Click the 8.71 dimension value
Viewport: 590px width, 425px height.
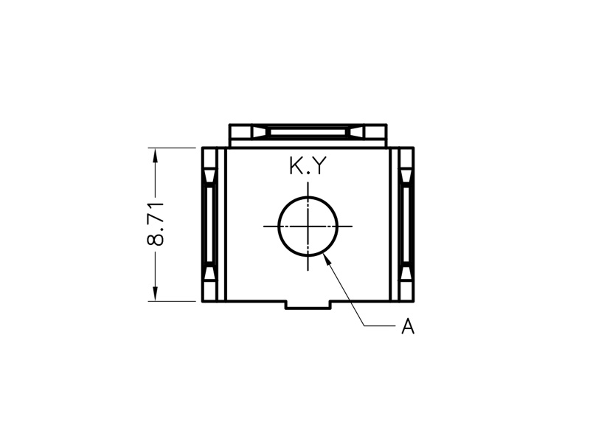[155, 224]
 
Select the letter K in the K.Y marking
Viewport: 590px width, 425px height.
[296, 165]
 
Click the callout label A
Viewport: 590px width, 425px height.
[408, 326]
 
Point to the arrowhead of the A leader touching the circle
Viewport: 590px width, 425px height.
[327, 258]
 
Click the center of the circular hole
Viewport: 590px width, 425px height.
[308, 227]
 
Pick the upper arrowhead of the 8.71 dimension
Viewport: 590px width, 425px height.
[155, 155]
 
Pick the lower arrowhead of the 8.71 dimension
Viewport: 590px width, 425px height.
[155, 294]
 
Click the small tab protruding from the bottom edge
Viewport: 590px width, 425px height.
[308, 305]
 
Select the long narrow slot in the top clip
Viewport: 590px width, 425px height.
[308, 132]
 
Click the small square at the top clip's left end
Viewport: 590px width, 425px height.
[241, 132]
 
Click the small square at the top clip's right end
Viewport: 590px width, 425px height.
[375, 132]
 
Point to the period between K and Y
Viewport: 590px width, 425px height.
[308, 173]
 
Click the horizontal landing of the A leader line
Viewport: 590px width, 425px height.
[379, 326]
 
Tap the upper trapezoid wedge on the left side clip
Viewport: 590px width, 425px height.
[210, 176]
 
